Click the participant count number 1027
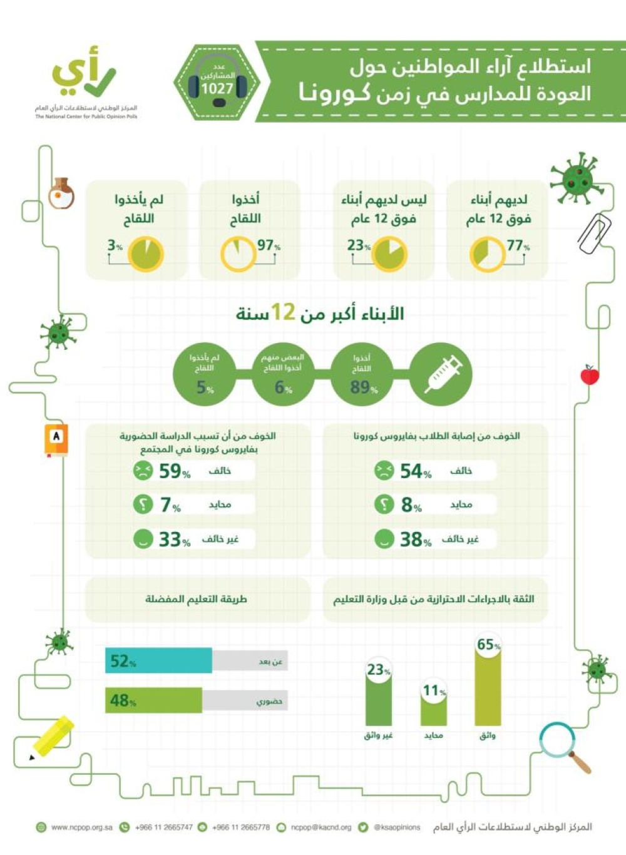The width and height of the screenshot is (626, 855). tap(217, 89)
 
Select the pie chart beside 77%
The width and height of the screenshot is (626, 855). tap(488, 254)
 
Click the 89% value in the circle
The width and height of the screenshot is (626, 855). tap(363, 387)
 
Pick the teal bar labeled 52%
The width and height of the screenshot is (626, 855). tap(158, 661)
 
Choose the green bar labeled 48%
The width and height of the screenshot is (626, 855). tap(153, 700)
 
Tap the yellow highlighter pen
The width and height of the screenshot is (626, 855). tap(53, 736)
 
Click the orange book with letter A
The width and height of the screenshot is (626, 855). tap(56, 439)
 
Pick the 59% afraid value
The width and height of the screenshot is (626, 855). tap(173, 471)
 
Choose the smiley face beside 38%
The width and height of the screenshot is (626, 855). tap(384, 538)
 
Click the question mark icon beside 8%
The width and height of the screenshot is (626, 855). tap(384, 504)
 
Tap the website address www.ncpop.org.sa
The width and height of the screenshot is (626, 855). tap(81, 827)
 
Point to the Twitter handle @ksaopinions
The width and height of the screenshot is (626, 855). tap(397, 827)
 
